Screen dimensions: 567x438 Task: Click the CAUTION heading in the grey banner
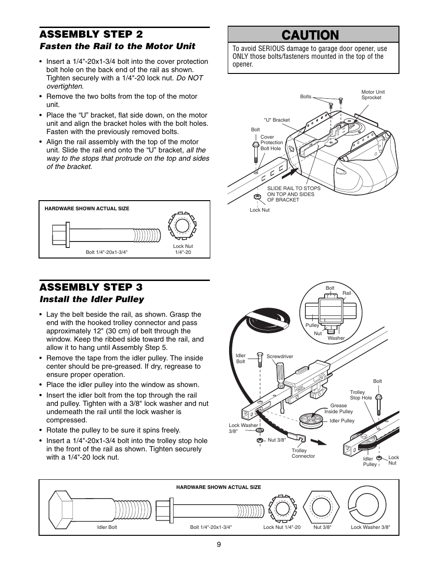point(313,35)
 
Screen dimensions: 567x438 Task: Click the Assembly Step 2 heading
point(91,34)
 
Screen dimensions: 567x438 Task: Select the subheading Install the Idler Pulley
point(91,299)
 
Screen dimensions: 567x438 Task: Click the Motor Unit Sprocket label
point(373,95)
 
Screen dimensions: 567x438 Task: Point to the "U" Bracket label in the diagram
point(276,120)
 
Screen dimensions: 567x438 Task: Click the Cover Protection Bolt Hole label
point(271,143)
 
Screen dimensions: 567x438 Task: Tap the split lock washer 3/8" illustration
point(370,506)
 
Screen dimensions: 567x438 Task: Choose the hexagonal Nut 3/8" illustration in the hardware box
point(322,506)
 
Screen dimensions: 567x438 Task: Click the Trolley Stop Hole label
point(361,395)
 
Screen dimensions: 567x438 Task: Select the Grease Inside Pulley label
point(338,408)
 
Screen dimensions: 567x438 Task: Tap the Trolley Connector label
point(303,453)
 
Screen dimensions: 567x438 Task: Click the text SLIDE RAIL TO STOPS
point(294,188)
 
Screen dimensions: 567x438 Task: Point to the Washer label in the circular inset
point(336,338)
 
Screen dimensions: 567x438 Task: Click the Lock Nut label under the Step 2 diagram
point(259,210)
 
